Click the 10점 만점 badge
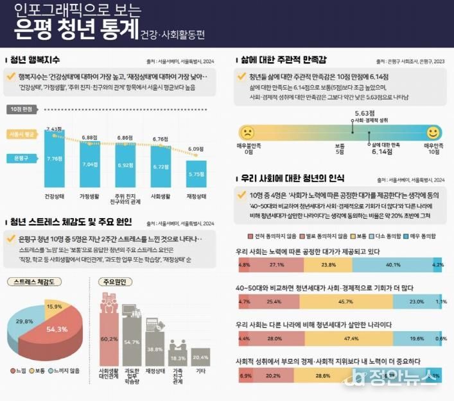(24, 110)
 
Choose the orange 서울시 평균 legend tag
(22, 135)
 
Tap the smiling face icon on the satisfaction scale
(433, 132)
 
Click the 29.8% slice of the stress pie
(24, 321)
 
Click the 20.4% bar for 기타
(201, 356)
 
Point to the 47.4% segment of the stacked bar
(351, 339)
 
